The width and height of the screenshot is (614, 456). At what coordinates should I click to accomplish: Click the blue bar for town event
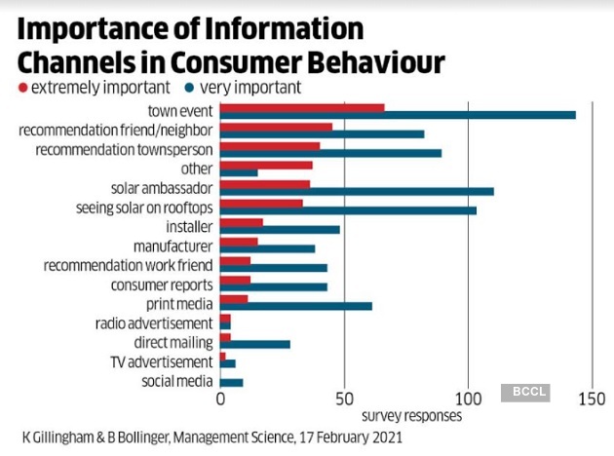pos(398,115)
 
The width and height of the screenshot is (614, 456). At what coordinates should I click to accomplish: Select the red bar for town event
pos(302,107)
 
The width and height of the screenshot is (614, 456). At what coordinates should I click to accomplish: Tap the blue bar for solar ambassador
pos(357,191)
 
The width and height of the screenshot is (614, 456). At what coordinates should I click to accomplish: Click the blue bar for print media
pos(296,306)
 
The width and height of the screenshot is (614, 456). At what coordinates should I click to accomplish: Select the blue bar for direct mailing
pos(255,344)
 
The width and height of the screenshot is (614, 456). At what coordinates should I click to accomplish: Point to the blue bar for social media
pos(232,382)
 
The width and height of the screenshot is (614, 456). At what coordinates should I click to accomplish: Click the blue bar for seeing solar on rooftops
pos(348,210)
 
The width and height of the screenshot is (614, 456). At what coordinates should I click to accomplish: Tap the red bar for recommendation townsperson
pos(270,146)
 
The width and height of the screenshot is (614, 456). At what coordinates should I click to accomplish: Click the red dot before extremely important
pos(22,88)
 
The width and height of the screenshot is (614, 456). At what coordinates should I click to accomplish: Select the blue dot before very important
pos(188,88)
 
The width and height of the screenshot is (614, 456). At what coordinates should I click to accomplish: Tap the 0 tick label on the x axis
pos(220,399)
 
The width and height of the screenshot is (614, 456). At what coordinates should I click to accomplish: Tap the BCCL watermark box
pos(525,393)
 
